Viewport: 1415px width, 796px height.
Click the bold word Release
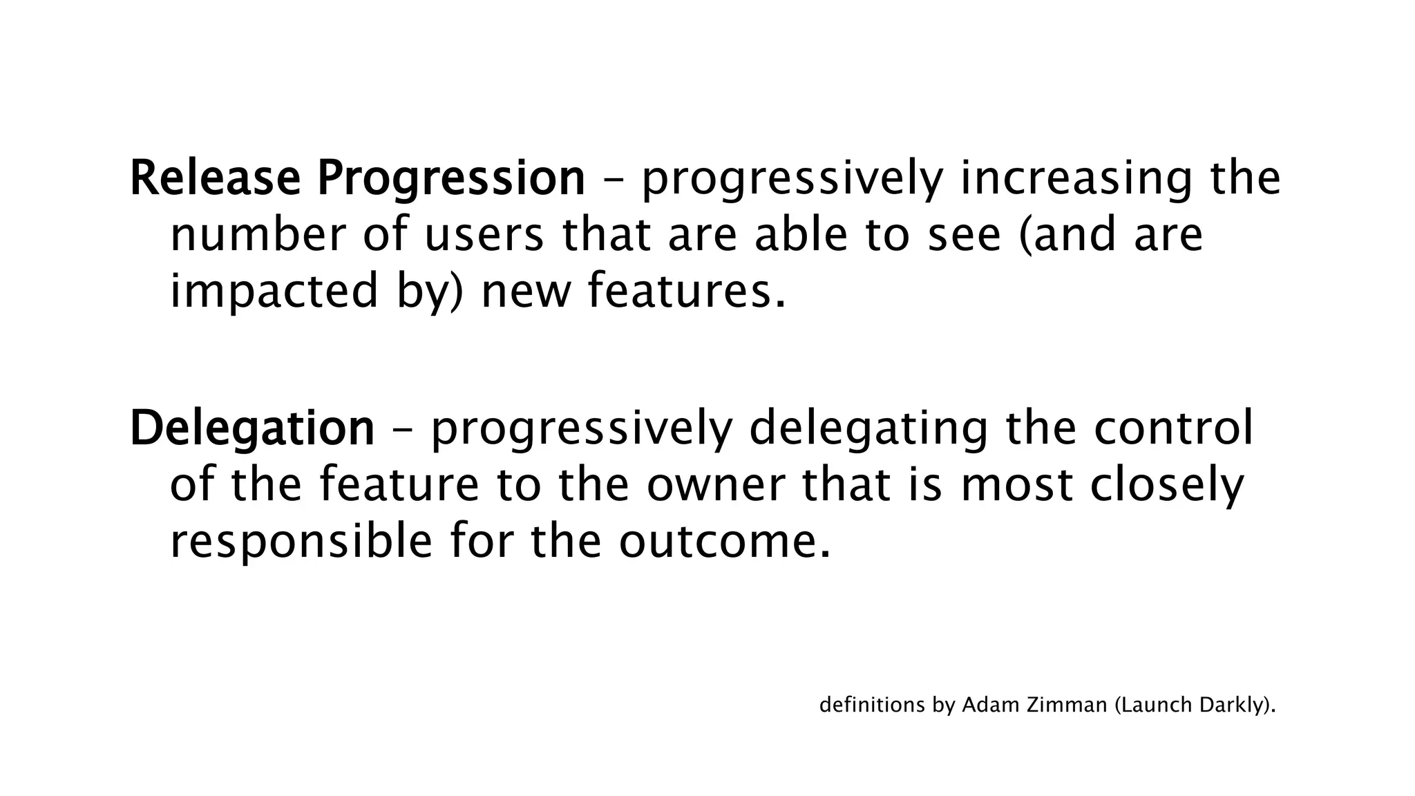(x=215, y=178)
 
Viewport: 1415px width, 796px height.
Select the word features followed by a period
(x=687, y=291)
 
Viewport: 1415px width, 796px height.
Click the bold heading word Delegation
(x=251, y=429)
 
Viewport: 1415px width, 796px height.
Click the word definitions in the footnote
(x=871, y=705)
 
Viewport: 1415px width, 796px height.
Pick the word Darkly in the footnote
(x=1231, y=705)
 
